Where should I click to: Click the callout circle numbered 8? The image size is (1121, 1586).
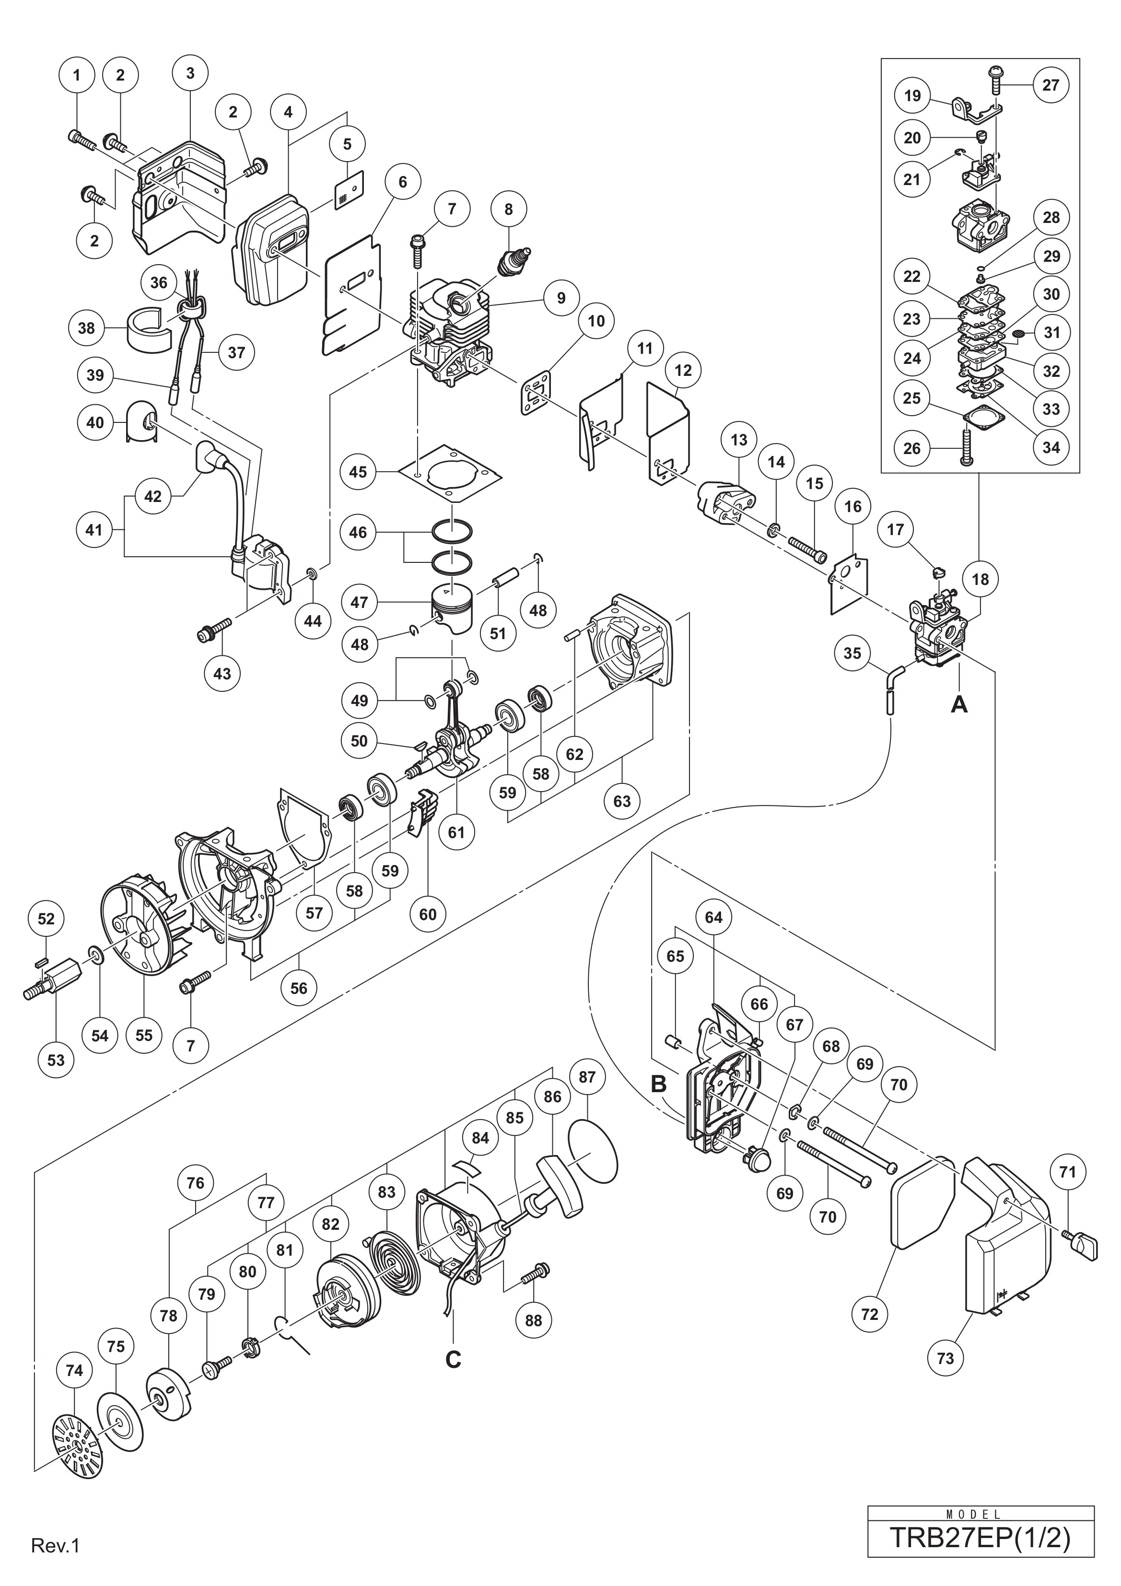(x=509, y=209)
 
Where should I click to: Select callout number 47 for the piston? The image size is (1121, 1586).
(x=359, y=602)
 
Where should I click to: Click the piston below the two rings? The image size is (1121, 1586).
(x=456, y=606)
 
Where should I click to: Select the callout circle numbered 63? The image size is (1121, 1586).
(x=622, y=801)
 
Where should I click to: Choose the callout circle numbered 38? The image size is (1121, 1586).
(x=86, y=327)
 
